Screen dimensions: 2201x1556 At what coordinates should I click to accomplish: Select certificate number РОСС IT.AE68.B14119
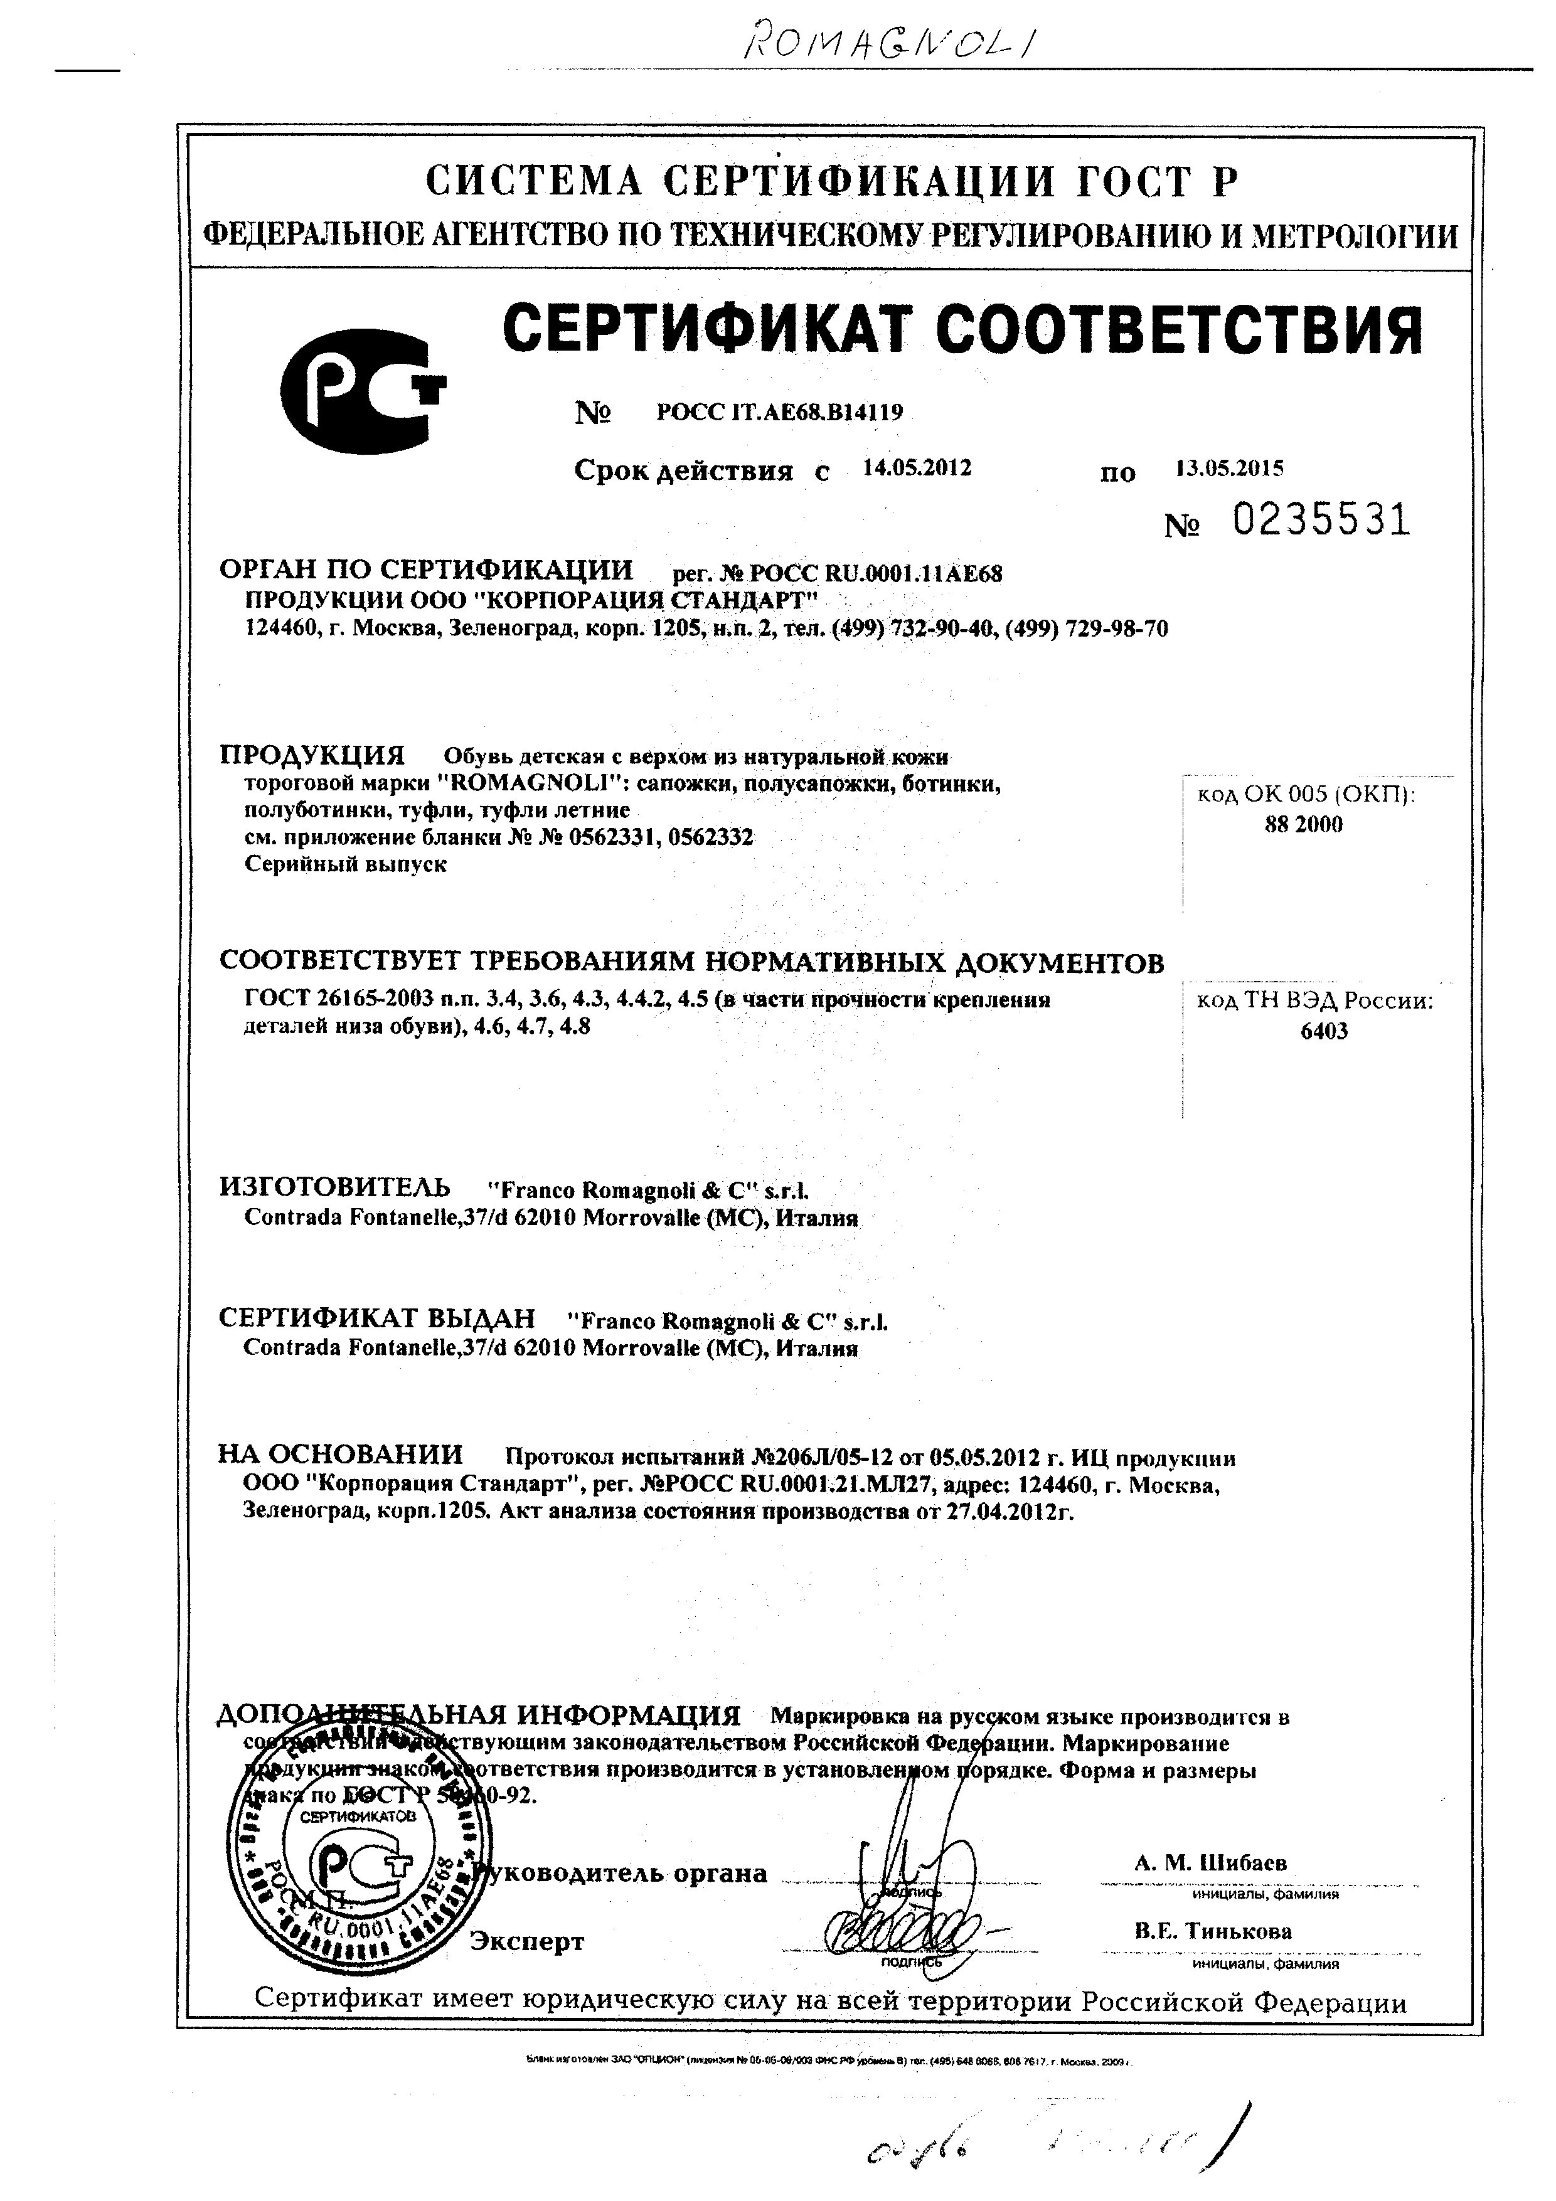click(x=779, y=412)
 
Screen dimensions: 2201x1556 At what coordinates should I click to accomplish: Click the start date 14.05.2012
click(x=917, y=468)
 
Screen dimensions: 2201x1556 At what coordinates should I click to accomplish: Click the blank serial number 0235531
click(x=1321, y=521)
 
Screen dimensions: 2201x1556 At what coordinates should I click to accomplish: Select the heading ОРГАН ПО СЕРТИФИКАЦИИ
click(x=427, y=570)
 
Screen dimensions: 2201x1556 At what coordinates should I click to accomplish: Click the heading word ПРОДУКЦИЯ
click(x=312, y=755)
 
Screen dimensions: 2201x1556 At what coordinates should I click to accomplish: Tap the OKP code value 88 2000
click(x=1304, y=824)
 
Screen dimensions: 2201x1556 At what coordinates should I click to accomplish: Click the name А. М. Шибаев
click(x=1211, y=1863)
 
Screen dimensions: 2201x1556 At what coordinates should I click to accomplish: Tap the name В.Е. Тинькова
click(x=1213, y=1931)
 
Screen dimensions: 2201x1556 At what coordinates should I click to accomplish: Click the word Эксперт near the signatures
click(x=526, y=1942)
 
